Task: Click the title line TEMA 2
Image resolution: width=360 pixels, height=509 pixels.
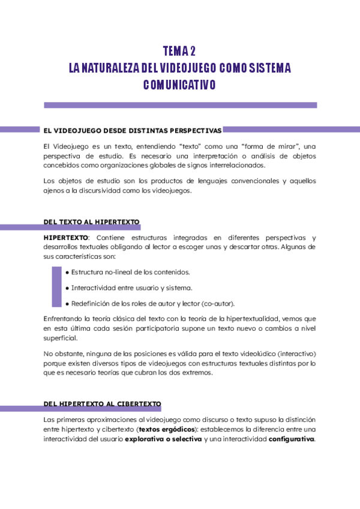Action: pos(179,50)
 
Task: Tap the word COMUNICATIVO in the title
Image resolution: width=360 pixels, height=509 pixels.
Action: pos(179,85)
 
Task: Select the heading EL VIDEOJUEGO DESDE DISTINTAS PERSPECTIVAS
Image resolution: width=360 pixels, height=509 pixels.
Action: pos(133,130)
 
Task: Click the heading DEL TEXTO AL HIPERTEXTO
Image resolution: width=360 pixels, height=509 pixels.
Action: pos(91,222)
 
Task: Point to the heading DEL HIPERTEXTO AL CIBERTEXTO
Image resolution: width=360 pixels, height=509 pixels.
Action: pos(102,403)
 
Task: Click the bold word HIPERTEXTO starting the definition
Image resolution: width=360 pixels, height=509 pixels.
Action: pos(65,238)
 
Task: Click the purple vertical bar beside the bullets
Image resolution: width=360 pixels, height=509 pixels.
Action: pos(57,288)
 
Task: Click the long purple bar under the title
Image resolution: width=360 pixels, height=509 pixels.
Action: pos(180,105)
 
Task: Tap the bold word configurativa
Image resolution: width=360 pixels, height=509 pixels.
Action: pos(291,439)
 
